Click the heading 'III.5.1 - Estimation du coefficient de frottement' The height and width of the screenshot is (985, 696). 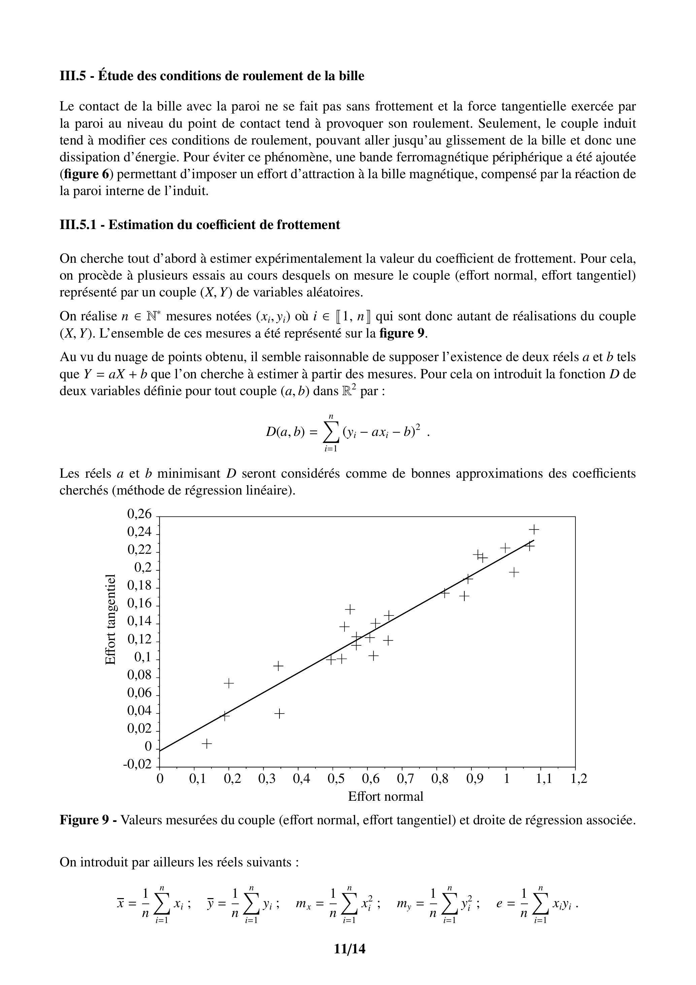click(x=199, y=225)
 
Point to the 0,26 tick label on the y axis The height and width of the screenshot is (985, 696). click(x=139, y=514)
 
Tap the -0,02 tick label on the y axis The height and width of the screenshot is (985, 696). click(x=137, y=764)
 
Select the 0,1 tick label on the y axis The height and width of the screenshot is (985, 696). click(x=143, y=657)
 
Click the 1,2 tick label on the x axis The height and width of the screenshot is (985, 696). click(x=578, y=779)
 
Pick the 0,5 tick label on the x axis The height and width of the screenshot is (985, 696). click(x=336, y=779)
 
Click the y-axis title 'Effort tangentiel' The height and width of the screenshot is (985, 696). click(x=111, y=619)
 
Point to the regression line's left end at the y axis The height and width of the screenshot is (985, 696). click(x=160, y=750)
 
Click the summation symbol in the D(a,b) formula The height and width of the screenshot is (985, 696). click(x=331, y=433)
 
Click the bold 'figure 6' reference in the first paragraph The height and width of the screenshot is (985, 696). click(x=85, y=174)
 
